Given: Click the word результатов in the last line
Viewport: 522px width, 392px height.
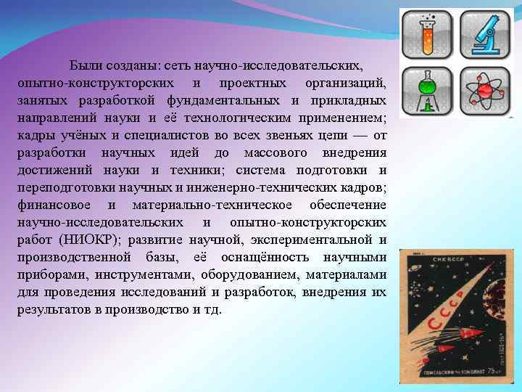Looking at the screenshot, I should [49, 310].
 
